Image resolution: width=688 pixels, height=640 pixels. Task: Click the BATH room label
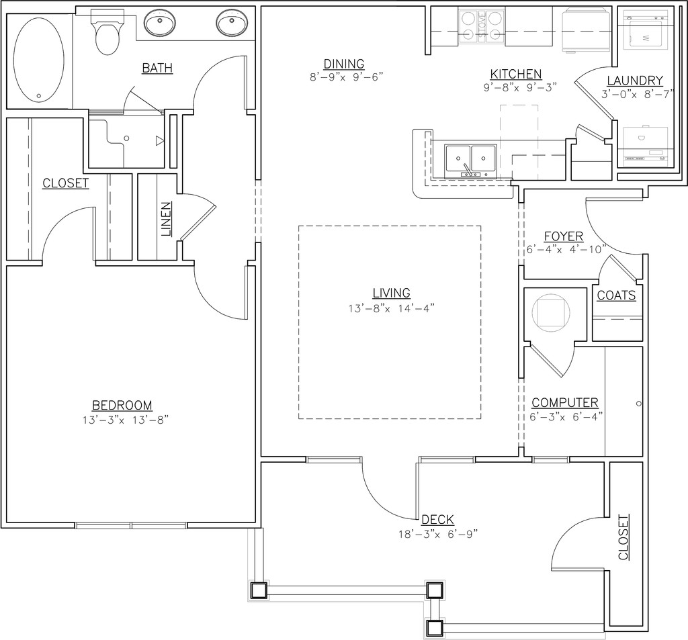157,68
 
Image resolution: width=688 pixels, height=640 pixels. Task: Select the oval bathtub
39,60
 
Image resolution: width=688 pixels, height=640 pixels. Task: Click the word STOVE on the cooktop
482,26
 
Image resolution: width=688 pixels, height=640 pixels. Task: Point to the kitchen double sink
470,161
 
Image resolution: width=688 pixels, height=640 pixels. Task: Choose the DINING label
344,64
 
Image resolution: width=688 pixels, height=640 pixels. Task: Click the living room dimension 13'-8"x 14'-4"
392,308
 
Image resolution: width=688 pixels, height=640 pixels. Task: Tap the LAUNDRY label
635,81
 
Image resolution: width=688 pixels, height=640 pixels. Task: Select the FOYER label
564,236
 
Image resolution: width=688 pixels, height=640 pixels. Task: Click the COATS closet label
617,295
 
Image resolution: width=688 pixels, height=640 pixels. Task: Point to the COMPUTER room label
565,403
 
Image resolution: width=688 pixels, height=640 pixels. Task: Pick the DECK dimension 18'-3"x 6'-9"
438,535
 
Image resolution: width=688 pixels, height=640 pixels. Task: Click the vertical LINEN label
166,220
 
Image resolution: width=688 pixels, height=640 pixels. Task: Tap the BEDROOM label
122,405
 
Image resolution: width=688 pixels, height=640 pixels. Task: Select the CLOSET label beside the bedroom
66,183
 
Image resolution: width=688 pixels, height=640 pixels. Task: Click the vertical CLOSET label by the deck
623,537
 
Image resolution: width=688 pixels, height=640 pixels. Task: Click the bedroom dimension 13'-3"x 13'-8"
126,420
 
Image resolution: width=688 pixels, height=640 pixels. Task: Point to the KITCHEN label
516,74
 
